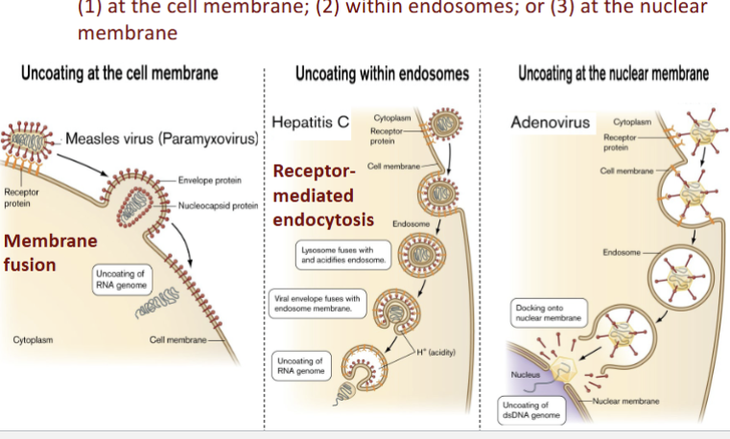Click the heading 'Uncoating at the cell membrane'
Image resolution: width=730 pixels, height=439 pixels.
pos(118,74)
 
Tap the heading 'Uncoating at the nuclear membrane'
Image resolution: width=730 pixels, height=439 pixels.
pos(613,74)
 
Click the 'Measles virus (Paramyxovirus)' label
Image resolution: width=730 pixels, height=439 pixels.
pos(162,140)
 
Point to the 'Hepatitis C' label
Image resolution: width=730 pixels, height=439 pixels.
pos(310,124)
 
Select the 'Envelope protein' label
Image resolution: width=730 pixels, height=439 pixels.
pos(209,179)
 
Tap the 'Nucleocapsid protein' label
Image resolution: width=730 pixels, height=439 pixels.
pos(218,205)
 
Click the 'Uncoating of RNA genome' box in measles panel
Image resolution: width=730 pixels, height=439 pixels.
pos(120,279)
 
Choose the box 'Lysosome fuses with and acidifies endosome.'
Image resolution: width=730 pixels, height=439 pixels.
pos(342,255)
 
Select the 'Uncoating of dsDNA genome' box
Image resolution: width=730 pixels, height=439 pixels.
pos(530,410)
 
